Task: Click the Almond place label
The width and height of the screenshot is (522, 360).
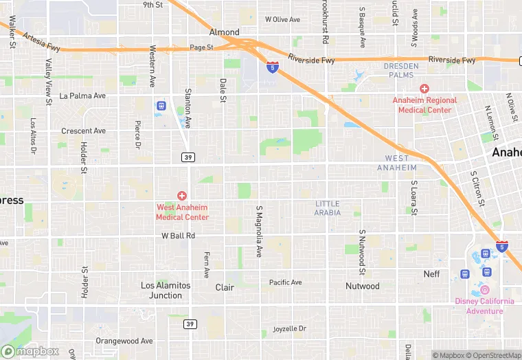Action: [x=225, y=32]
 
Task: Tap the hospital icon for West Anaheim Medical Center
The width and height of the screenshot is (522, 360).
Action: [x=182, y=196]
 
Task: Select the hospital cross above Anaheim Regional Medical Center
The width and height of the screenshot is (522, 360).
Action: [x=424, y=89]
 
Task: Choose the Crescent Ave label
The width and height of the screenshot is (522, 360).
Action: [x=83, y=131]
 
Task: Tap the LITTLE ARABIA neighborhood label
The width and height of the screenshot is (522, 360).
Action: [x=328, y=208]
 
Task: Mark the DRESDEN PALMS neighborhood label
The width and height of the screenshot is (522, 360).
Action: [x=400, y=70]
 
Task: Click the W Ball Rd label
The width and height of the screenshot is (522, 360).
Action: [x=179, y=236]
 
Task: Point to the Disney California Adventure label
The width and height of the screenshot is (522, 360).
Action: [x=484, y=306]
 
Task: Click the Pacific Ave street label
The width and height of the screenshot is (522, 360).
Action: [x=285, y=282]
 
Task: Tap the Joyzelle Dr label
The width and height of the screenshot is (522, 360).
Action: [x=289, y=328]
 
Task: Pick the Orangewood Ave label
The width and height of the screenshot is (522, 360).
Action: [x=124, y=341]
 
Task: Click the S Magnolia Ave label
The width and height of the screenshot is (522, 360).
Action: [x=259, y=232]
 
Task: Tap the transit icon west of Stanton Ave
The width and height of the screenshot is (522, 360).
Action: [x=161, y=106]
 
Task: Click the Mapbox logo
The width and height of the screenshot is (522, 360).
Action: [x=30, y=351]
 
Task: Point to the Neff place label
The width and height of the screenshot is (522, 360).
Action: [x=431, y=274]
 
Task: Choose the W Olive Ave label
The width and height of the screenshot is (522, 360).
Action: [x=282, y=19]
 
